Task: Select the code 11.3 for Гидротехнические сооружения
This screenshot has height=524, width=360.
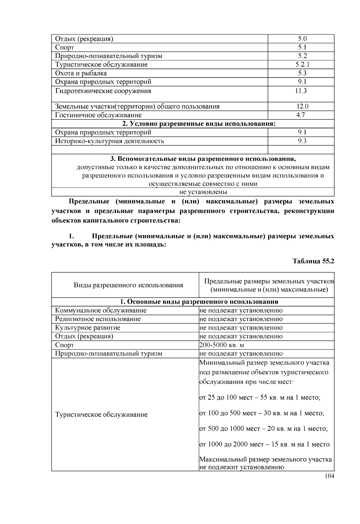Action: (x=301, y=91)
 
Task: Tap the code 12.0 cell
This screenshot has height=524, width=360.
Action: (x=301, y=106)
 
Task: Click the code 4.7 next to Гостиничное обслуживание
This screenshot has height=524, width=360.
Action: (x=301, y=115)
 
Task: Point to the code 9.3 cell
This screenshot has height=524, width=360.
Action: (x=301, y=141)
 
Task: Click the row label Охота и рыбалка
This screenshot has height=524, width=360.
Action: (x=81, y=73)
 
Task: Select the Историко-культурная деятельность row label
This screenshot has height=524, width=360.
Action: (x=109, y=141)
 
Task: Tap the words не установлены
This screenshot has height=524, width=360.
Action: (x=203, y=192)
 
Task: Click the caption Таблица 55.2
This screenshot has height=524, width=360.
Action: (x=313, y=261)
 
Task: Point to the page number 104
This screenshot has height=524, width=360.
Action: (x=329, y=476)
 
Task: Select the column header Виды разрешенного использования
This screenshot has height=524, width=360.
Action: (x=128, y=285)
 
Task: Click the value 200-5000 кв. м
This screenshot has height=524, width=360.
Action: (x=222, y=345)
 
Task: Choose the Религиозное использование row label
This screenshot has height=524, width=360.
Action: (x=97, y=319)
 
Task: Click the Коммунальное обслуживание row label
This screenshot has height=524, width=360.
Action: (x=100, y=310)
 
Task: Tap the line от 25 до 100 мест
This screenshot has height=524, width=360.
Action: (x=260, y=398)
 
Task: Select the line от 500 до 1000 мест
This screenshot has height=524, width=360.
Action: (x=263, y=429)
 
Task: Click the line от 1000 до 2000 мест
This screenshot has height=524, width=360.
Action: (x=265, y=444)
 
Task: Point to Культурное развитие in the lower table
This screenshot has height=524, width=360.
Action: (x=87, y=328)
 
